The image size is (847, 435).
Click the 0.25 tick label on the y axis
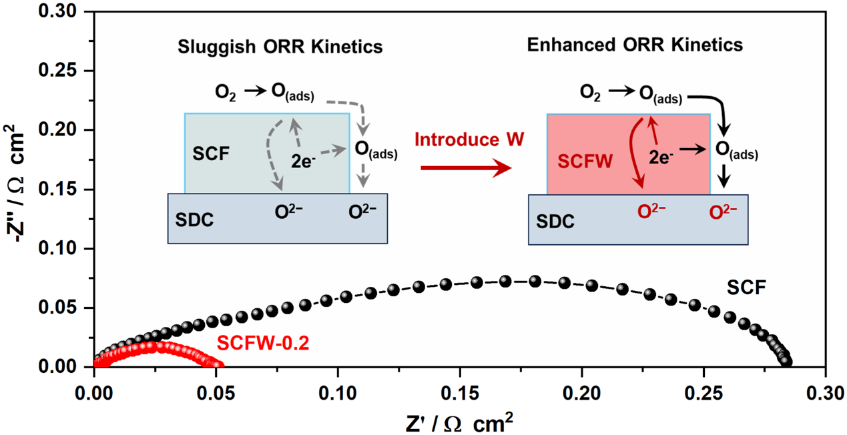pos(57,70)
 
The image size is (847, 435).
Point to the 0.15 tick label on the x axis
pos(459,393)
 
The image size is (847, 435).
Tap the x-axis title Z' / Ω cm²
pos(459,423)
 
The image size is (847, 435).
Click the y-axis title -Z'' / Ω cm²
pos(15,183)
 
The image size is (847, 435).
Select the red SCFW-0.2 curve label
pos(263,343)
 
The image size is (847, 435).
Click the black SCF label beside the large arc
pos(746,288)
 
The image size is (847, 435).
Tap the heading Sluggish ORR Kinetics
pos(280,47)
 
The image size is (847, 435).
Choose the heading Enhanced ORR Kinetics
pos(635,45)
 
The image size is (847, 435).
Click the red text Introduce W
pos(469,139)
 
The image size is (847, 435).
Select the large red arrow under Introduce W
pos(467,168)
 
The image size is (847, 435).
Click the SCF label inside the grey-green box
pos(211,154)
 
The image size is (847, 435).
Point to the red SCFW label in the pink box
pos(585,161)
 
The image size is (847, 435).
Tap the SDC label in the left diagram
pos(194,220)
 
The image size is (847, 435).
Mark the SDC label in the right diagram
pos(555,222)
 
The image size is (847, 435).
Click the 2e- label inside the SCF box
pos(303,161)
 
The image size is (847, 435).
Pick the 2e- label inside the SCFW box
pos(661,157)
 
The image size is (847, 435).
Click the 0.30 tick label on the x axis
pos(825,393)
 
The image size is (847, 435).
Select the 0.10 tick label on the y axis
pos(57,248)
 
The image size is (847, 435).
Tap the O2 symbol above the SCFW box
pos(590,93)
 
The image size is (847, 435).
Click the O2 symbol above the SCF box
pos(226,93)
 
